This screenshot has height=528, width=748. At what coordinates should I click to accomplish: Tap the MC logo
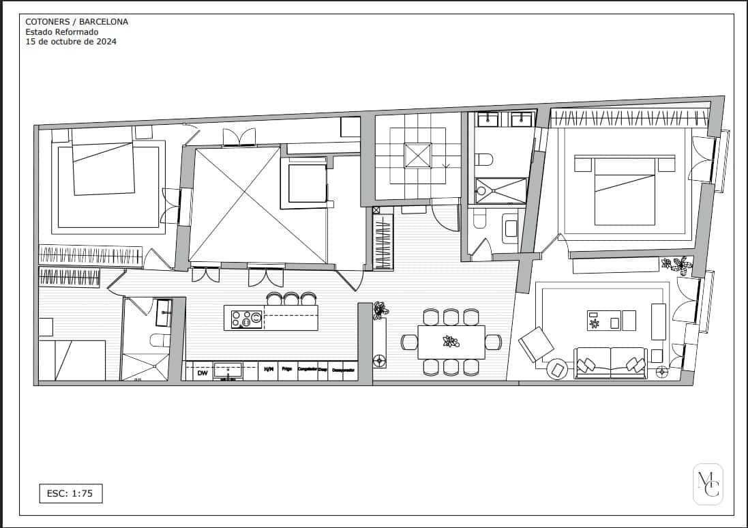(708, 484)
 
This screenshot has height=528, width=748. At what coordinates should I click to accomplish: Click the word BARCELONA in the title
(104, 22)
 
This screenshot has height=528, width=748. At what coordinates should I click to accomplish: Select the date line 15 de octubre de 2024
(71, 41)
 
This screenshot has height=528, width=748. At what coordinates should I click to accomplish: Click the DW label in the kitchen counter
(203, 373)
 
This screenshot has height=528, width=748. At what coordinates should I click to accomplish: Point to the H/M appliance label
(269, 370)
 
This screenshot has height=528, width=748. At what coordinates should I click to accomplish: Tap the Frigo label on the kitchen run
(287, 370)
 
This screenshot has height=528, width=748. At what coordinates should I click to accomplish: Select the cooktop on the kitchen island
(246, 319)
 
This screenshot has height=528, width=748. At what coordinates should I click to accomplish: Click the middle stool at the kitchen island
(291, 299)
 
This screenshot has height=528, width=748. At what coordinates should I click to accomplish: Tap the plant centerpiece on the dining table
(451, 341)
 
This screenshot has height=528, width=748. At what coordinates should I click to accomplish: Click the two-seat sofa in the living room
(610, 363)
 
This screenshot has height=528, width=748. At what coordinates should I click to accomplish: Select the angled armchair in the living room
(536, 343)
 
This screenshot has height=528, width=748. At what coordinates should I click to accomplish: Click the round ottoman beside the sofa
(558, 369)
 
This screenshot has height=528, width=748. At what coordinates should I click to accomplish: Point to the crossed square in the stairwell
(418, 156)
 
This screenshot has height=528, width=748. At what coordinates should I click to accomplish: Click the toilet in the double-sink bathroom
(483, 160)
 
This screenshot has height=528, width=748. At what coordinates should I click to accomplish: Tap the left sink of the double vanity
(488, 120)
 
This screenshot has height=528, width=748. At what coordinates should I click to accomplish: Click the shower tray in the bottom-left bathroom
(145, 366)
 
